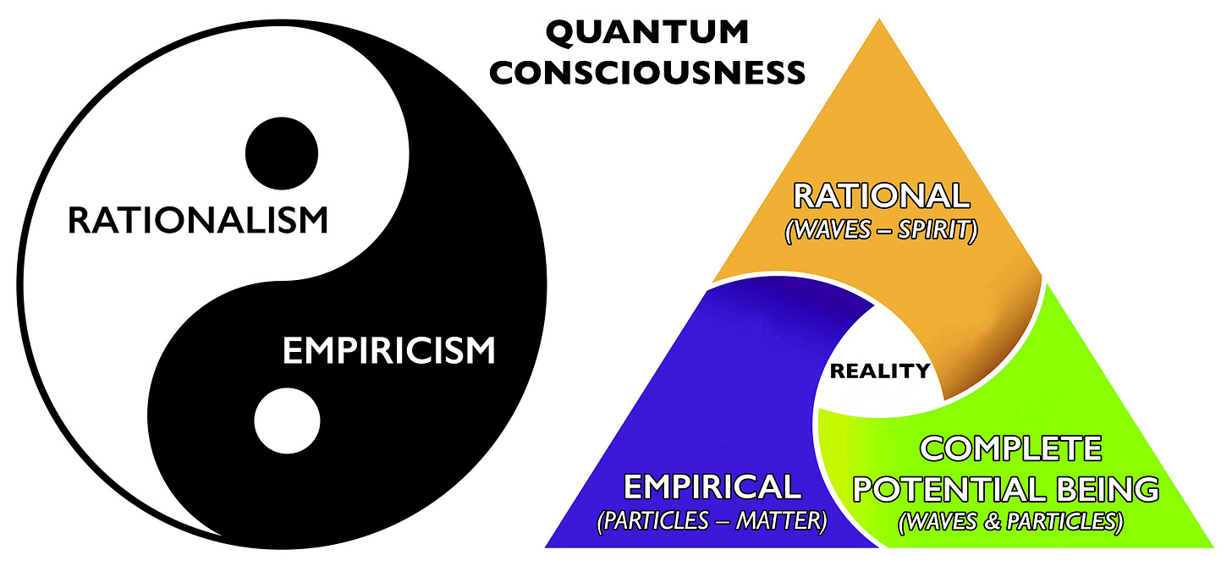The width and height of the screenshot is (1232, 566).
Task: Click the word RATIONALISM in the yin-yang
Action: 197,221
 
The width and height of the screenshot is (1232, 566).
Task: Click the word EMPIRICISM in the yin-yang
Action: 388,350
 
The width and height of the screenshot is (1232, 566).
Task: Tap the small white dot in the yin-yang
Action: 288,420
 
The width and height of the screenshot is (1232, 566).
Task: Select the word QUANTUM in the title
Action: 647,33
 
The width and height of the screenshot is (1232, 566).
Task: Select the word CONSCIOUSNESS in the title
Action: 647,73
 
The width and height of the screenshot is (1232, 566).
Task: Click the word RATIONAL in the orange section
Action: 881,196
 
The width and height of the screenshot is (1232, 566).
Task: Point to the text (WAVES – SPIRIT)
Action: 881,231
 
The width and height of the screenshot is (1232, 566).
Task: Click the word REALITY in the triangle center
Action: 880,371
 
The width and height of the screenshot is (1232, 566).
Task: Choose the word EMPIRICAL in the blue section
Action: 712,486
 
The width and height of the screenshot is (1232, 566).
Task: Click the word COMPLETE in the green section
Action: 1010,448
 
